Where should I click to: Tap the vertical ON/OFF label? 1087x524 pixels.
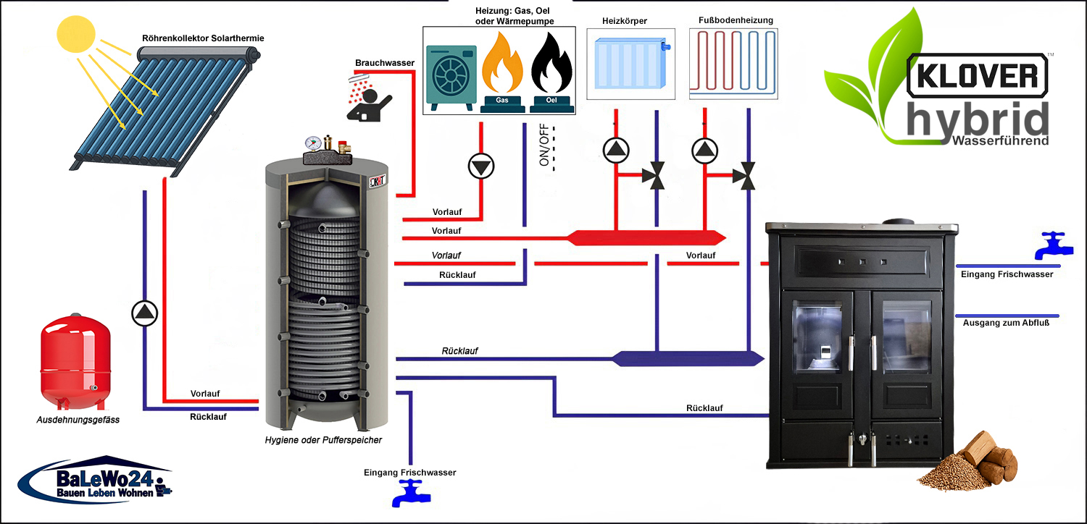pyautogui.click(x=544, y=145)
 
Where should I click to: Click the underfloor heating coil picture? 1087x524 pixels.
pyautogui.click(x=733, y=64)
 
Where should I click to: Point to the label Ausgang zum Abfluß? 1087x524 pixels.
pyautogui.click(x=1006, y=324)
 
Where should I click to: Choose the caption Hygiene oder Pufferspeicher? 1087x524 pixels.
pyautogui.click(x=323, y=439)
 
